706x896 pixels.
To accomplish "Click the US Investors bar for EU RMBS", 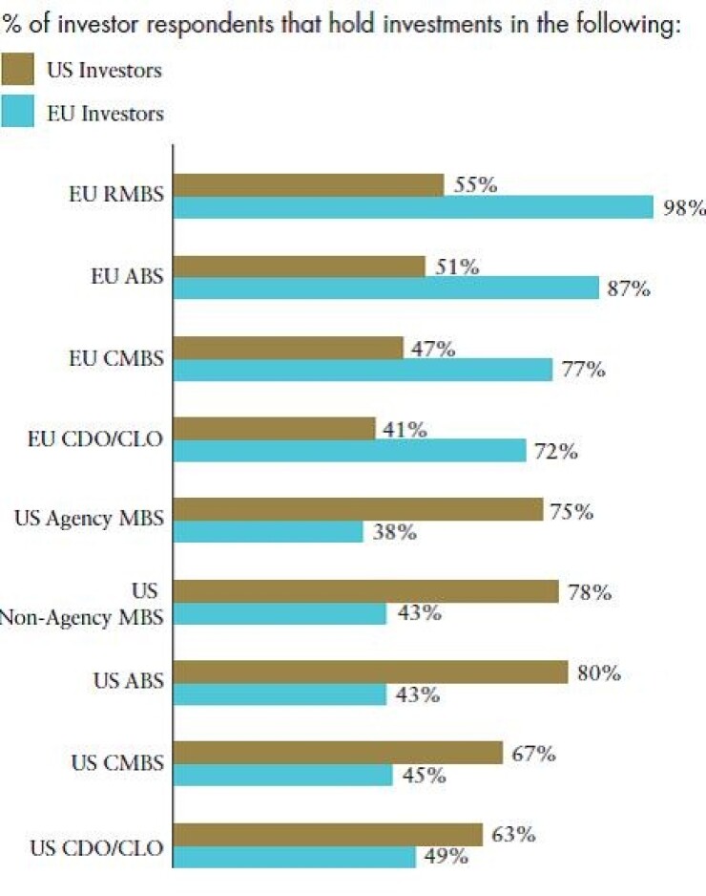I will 308,185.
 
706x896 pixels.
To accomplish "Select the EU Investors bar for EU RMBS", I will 413,207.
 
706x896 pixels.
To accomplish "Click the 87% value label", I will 629,288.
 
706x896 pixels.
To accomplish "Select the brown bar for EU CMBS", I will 288,349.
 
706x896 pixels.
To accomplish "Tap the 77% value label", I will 582,370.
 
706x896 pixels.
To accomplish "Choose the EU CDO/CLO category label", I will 94,440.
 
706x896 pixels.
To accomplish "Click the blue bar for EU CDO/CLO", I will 349,451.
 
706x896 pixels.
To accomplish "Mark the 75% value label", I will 571,512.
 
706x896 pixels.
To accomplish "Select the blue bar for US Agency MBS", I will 268,532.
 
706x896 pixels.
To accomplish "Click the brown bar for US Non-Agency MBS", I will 365,592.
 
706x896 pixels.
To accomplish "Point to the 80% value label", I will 598,673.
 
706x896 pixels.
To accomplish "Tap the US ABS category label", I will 128,682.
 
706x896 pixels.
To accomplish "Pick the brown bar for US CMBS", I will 338,754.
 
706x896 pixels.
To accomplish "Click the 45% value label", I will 423,776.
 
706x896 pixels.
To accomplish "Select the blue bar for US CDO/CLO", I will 295,857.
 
